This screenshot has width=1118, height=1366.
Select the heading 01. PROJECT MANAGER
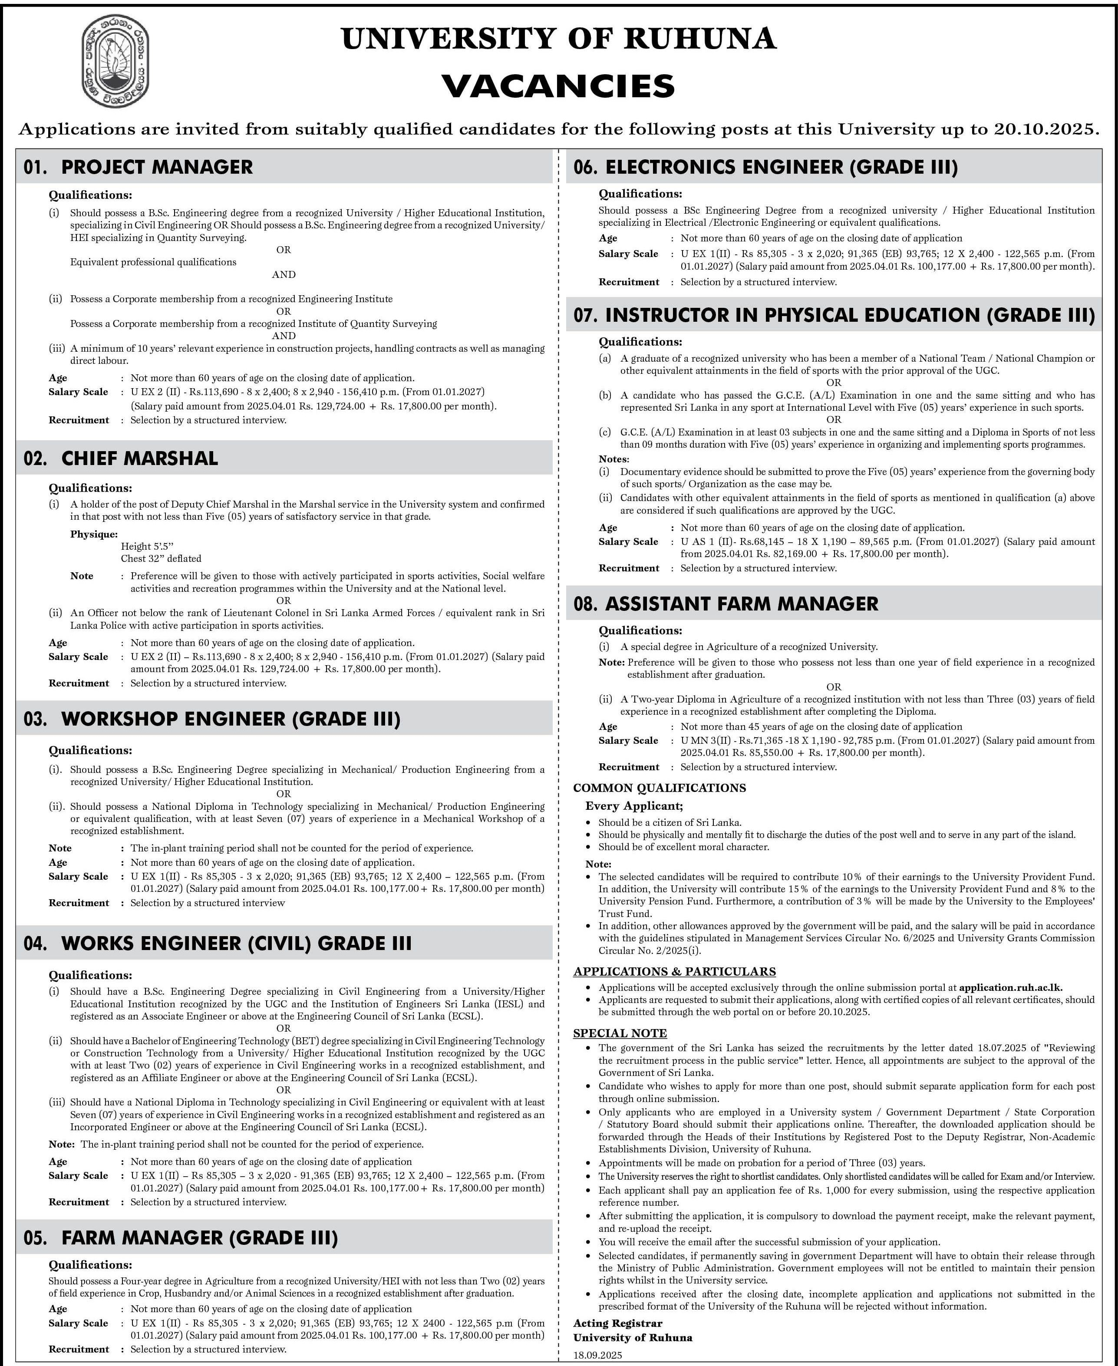tap(139, 167)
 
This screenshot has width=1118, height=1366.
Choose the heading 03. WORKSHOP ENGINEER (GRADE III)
tap(212, 719)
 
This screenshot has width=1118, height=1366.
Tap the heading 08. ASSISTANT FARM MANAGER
tap(726, 604)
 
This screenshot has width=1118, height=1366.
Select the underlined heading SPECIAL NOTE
tap(620, 1033)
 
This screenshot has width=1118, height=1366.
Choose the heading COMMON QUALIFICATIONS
tap(660, 788)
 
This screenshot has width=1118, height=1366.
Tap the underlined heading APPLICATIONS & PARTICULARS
tap(674, 971)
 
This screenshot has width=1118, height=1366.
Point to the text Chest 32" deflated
tap(161, 558)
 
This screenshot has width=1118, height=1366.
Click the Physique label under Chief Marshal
tap(94, 534)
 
